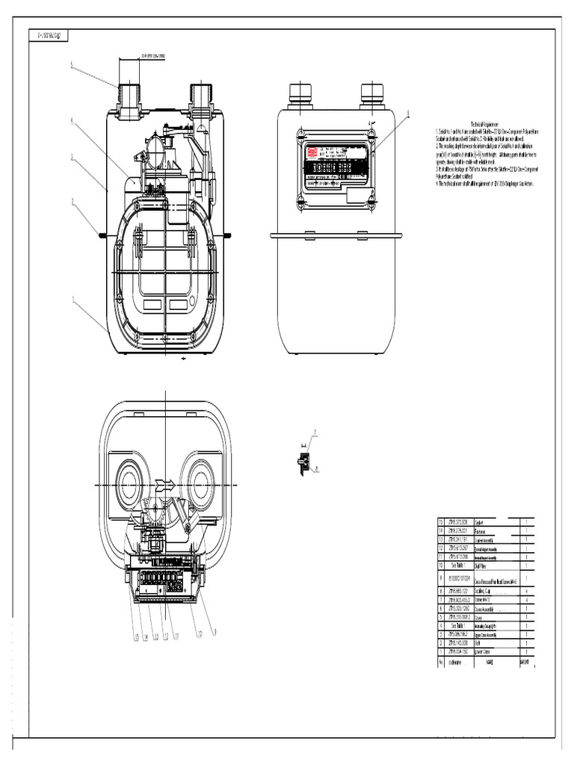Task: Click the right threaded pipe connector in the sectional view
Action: click(202, 97)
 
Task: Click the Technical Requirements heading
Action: click(485, 123)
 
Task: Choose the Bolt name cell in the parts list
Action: click(478, 642)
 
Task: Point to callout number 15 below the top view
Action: click(136, 637)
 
